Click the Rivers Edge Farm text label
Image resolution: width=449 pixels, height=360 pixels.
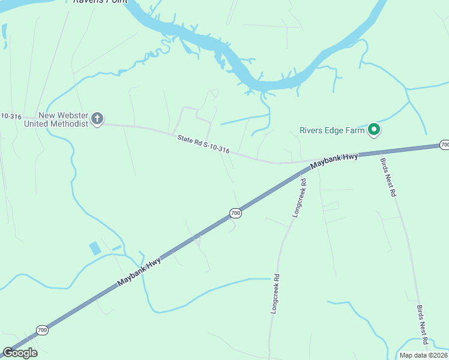pos(333,130)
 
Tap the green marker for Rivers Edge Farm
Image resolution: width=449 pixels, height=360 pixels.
pos(374,129)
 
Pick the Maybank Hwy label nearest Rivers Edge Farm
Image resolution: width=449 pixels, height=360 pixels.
pos(334,161)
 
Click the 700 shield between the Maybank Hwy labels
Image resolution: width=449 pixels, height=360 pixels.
pos(235,213)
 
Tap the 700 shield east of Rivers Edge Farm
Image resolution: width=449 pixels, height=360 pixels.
pos(444,145)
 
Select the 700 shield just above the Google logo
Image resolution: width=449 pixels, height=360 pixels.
pos(42,330)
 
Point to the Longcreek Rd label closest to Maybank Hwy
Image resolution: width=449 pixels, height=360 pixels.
pos(298,198)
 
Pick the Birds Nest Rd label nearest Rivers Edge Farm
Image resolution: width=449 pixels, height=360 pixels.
pos(388,178)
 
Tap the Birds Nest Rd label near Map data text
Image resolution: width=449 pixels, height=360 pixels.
pos(422,325)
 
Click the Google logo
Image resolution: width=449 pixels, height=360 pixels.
pos(20,353)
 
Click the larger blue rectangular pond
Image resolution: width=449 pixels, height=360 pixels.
pos(95,248)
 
